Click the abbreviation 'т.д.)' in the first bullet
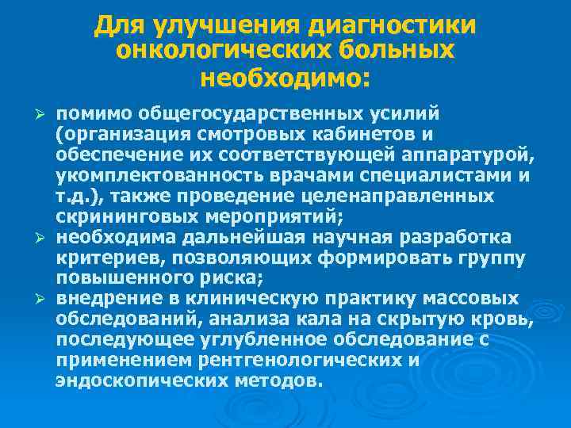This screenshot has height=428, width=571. [79, 195]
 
